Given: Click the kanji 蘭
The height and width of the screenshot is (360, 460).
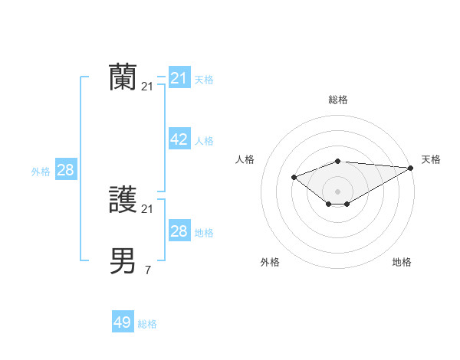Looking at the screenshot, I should pyautogui.click(x=123, y=77).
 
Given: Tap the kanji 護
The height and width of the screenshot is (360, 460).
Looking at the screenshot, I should pyautogui.click(x=123, y=201).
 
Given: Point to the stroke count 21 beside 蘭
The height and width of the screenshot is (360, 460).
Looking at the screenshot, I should pyautogui.click(x=147, y=87).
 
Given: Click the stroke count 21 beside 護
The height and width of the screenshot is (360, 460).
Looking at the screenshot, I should pyautogui.click(x=147, y=209).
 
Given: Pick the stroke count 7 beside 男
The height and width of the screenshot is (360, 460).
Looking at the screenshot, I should pyautogui.click(x=147, y=270).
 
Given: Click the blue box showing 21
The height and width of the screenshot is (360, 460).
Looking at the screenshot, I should pyautogui.click(x=179, y=78).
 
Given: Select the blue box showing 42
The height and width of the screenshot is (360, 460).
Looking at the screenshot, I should pyautogui.click(x=179, y=139).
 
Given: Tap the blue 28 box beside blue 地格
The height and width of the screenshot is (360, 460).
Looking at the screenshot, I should pyautogui.click(x=179, y=231).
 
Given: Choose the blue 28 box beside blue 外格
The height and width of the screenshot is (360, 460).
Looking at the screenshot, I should pyautogui.click(x=65, y=170).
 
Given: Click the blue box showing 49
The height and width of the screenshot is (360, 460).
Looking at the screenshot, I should pyautogui.click(x=123, y=322).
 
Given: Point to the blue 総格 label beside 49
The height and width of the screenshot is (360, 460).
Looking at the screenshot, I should pyautogui.click(x=147, y=324).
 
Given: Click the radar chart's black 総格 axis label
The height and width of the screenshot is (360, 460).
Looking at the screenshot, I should pyautogui.click(x=338, y=100).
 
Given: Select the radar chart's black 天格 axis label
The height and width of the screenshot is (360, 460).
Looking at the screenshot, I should pyautogui.click(x=431, y=159).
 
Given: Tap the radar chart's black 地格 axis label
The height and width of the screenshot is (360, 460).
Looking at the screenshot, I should pyautogui.click(x=402, y=262).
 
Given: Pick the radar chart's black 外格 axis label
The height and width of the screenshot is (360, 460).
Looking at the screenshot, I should pyautogui.click(x=270, y=262).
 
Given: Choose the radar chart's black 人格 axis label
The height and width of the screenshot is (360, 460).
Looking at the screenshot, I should pyautogui.click(x=245, y=159).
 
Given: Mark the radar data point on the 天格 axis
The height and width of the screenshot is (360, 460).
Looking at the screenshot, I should pyautogui.click(x=412, y=168).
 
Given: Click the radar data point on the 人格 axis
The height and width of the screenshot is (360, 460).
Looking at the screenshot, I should pyautogui.click(x=294, y=177).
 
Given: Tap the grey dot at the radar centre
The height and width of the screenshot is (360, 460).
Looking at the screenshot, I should pyautogui.click(x=338, y=191).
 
